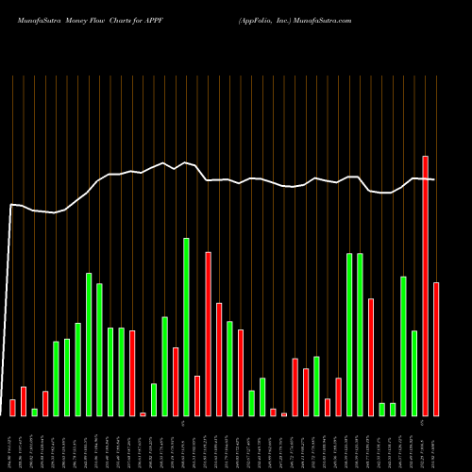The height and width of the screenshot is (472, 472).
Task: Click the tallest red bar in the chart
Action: pyautogui.click(x=425, y=285)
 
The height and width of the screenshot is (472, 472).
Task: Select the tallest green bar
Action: pyautogui.click(x=186, y=327)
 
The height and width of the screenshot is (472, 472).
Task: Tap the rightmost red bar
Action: pyautogui.click(x=436, y=349)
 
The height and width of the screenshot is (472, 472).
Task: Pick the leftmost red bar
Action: pyautogui.click(x=12, y=407)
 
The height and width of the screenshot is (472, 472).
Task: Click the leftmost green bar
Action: pyautogui.click(x=34, y=412)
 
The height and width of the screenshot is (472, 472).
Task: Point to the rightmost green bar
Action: pyautogui.click(x=414, y=373)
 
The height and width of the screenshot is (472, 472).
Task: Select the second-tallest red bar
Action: pyautogui.click(x=208, y=333)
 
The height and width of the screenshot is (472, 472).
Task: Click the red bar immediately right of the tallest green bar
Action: pyautogui.click(x=197, y=396)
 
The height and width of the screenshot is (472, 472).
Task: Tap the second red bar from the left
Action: pyautogui.click(x=24, y=400)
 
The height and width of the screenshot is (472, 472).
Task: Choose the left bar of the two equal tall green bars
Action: pyautogui.click(x=349, y=334)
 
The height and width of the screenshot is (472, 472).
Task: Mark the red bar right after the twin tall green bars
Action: pyautogui.click(x=371, y=357)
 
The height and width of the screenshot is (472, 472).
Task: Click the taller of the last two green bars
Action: pyautogui.click(x=403, y=346)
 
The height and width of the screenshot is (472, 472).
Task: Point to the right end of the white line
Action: pyautogui.click(x=434, y=179)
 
